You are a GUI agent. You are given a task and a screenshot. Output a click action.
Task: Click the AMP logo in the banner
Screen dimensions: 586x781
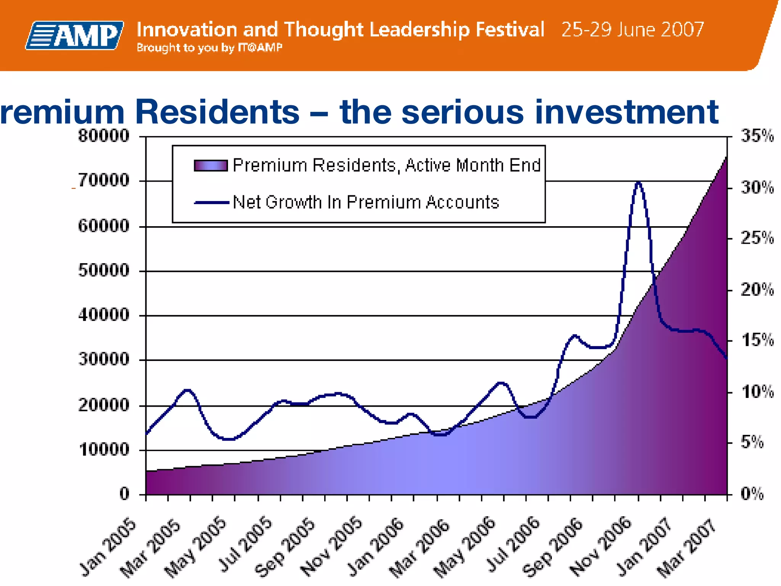75,35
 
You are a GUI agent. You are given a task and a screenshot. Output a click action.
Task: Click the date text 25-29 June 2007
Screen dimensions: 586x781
632,29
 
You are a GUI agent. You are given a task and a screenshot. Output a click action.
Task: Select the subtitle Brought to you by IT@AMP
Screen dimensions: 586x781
209,48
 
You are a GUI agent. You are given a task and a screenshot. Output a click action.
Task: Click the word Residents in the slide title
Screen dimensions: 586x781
217,112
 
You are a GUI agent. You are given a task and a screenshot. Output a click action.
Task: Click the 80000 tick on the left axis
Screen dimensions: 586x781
104,136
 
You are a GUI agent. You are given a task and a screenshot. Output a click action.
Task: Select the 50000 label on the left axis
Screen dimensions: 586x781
104,270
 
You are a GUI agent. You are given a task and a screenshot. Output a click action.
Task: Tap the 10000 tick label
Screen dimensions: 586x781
104,449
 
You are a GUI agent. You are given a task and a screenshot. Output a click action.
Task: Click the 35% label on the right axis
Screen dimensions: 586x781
757,136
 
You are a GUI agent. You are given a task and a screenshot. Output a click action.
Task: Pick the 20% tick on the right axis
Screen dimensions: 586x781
757,290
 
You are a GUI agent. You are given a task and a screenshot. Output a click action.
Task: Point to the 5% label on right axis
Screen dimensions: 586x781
752,442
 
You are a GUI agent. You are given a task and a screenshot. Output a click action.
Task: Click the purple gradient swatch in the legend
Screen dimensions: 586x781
211,165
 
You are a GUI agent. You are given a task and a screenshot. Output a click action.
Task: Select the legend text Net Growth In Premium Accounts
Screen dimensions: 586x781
365,202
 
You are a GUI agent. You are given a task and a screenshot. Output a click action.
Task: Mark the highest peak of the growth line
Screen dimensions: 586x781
639,183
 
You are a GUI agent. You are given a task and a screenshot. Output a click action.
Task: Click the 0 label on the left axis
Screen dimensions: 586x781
124,494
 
